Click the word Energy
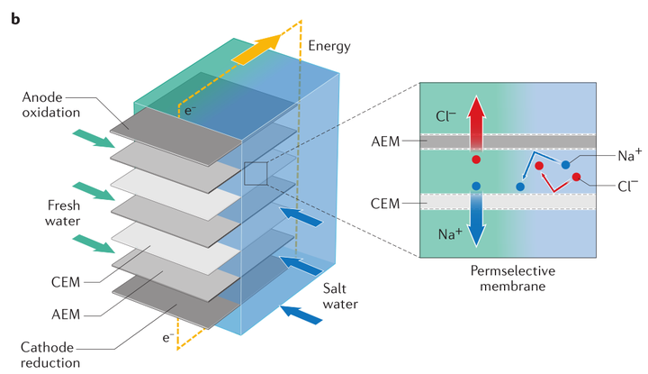click(x=329, y=46)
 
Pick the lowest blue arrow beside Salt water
click(x=304, y=315)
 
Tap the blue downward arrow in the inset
click(x=476, y=220)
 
